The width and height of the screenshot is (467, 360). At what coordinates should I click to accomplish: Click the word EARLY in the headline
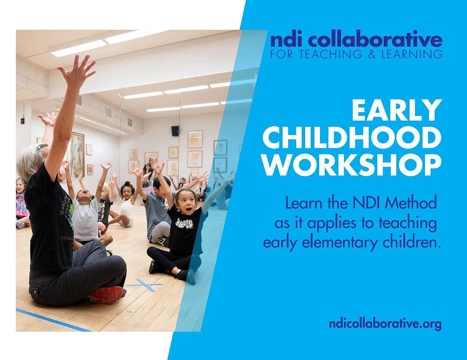click(396, 110)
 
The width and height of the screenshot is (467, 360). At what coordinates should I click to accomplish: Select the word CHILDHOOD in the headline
click(352, 138)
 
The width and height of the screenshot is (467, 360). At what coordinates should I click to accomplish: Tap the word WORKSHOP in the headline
click(352, 165)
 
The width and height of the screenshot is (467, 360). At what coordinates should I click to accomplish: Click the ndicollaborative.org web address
click(385, 324)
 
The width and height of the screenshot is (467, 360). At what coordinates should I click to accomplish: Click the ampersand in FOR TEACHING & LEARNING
click(372, 54)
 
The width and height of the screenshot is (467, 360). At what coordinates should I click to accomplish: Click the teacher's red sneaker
click(107, 295)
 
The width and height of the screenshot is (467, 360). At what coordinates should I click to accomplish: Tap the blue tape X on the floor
click(145, 285)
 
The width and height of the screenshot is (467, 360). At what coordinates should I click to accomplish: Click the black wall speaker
click(175, 130)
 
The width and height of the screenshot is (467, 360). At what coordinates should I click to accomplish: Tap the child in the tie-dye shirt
click(22, 202)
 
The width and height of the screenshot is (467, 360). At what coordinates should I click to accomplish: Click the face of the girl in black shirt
click(186, 202)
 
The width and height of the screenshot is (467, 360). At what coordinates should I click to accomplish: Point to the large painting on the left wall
click(78, 154)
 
